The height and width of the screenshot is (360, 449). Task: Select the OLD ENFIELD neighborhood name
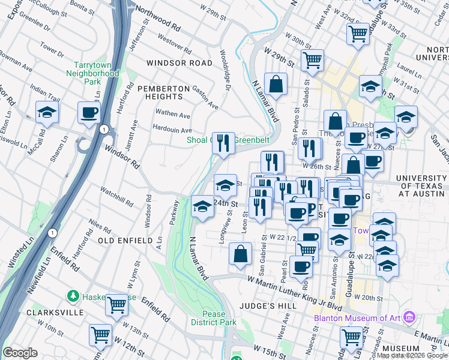point(126,240)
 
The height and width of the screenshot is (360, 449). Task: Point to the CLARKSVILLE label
point(46,313)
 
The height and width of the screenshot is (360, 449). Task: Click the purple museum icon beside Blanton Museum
point(409,316)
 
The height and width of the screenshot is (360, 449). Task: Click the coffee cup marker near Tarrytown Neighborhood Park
point(89,112)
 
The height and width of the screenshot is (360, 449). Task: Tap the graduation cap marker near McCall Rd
point(47,112)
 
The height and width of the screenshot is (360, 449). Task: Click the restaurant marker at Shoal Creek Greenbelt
point(223,143)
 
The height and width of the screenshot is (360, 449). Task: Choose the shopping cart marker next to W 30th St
point(312,60)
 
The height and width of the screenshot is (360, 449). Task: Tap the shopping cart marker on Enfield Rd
point(116,304)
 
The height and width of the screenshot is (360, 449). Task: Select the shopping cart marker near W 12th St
point(100,334)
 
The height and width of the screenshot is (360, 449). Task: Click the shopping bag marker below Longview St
point(241,253)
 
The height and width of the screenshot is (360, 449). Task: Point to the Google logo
point(20,353)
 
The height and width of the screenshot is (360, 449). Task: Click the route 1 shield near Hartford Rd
point(104,129)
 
